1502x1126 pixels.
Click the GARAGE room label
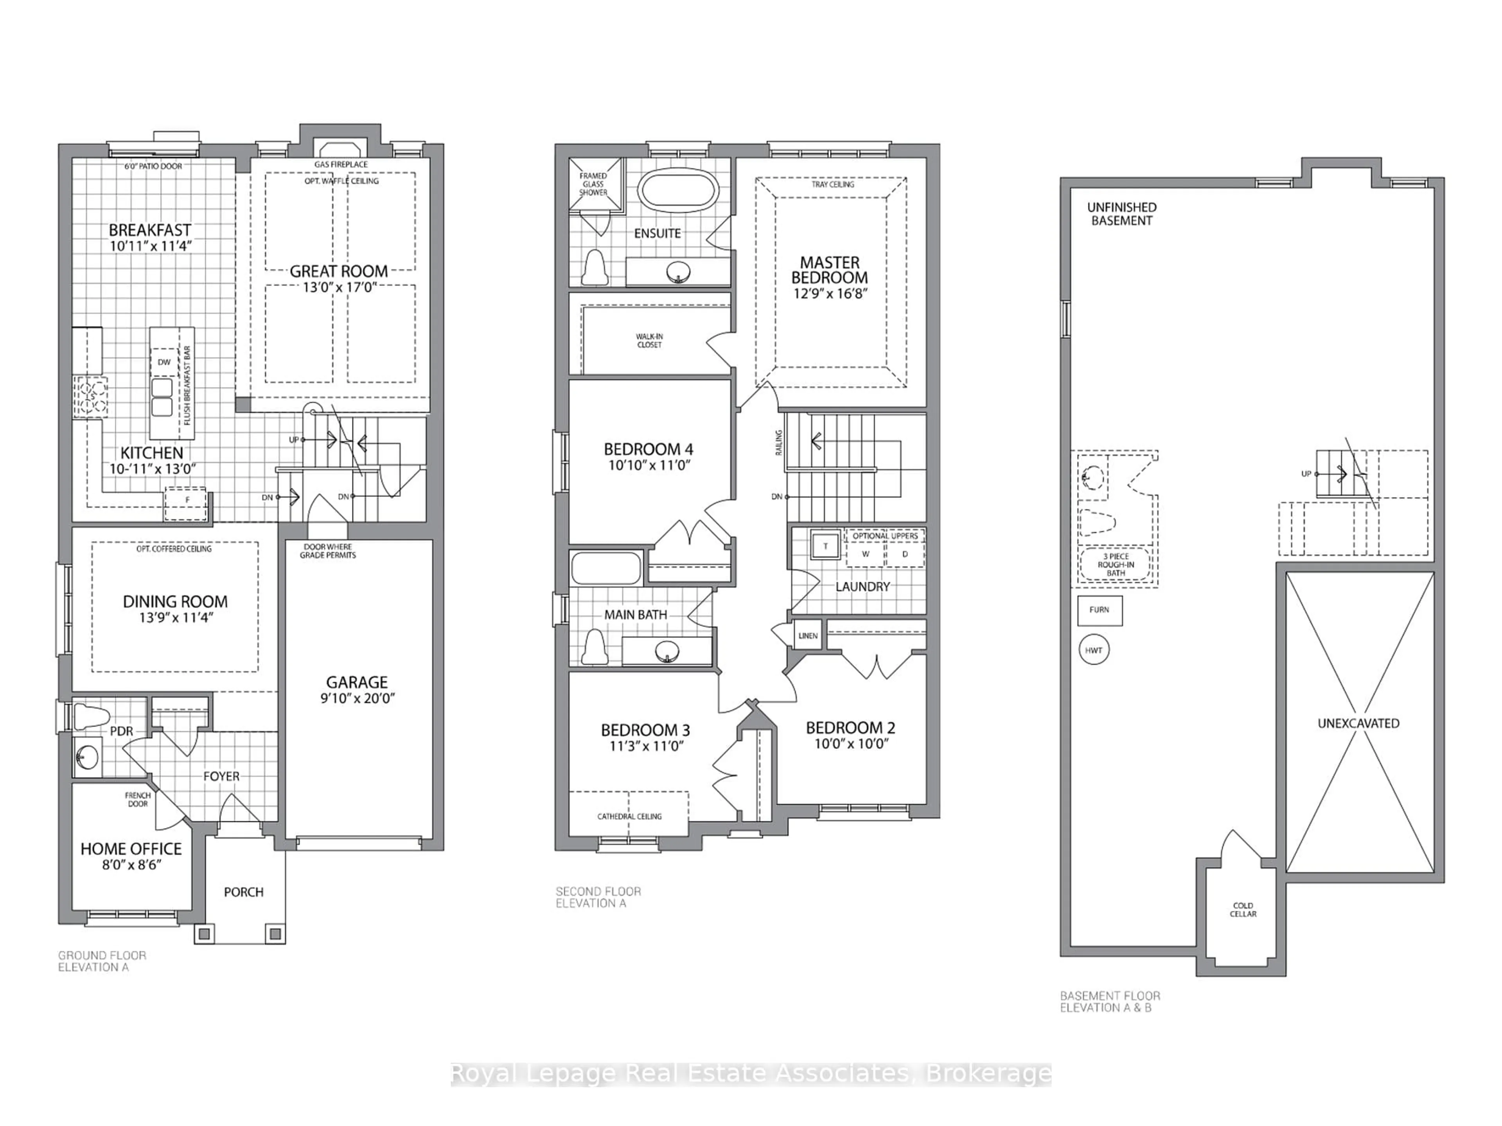(x=356, y=682)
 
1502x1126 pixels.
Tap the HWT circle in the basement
(x=1093, y=650)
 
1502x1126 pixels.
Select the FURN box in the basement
(x=1100, y=610)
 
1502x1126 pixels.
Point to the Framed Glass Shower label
(x=593, y=184)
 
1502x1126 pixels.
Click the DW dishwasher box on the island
(x=163, y=362)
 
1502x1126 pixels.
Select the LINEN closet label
(x=807, y=636)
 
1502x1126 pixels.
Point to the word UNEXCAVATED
(x=1358, y=724)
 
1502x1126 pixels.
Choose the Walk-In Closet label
(x=649, y=341)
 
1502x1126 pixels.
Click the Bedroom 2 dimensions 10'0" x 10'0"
(x=851, y=744)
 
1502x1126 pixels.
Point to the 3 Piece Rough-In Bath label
(x=1116, y=565)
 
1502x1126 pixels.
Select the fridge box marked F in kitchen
(x=187, y=500)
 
